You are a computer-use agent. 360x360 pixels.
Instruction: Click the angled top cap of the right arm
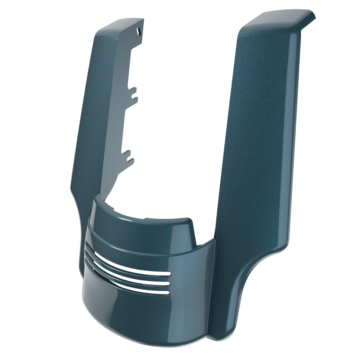tap(284, 18)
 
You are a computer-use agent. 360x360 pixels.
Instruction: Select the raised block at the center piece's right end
tap(187, 230)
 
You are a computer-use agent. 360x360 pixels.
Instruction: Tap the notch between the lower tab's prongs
tap(131, 156)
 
